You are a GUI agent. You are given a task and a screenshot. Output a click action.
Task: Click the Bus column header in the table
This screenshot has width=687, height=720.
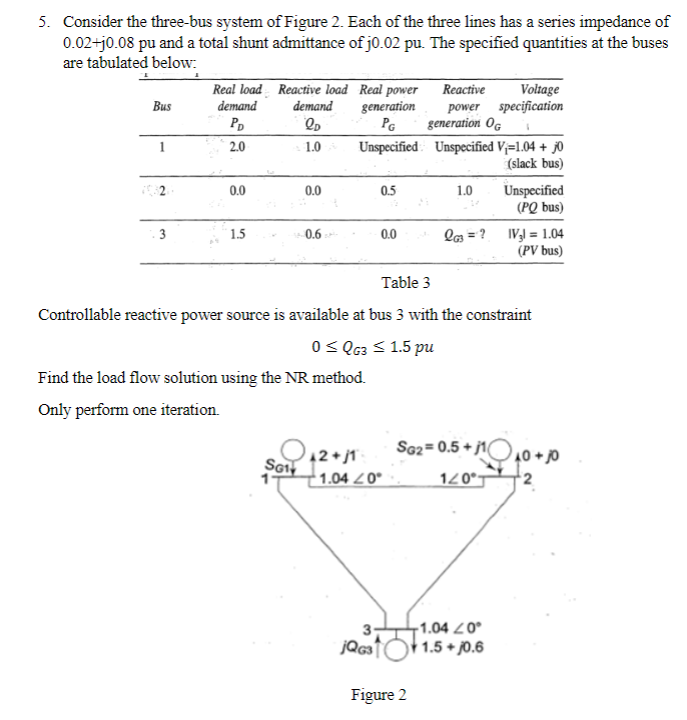[160, 106]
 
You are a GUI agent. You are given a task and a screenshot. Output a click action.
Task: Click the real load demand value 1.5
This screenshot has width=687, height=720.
[237, 235]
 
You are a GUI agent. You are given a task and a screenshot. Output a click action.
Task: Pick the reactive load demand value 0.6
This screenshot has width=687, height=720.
[313, 235]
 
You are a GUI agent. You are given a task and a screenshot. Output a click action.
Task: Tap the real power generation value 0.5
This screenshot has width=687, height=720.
[388, 191]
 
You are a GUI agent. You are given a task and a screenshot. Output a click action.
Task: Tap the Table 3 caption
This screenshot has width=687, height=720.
[406, 283]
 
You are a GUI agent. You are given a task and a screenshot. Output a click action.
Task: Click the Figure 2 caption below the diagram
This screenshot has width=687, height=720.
[379, 695]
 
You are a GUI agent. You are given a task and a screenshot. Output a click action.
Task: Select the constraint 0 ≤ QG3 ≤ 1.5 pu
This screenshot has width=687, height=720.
[373, 348]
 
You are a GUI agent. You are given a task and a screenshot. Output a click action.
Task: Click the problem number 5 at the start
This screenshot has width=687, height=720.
[43, 21]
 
